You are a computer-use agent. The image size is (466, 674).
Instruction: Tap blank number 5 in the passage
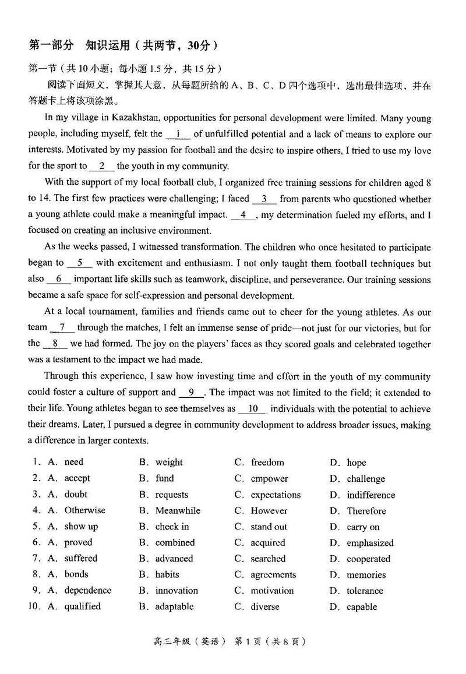pyautogui.click(x=80, y=263)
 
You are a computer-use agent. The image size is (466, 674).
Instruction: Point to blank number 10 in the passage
pyautogui.click(x=253, y=409)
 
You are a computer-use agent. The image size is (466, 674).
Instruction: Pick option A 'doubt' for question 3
pyautogui.click(x=76, y=495)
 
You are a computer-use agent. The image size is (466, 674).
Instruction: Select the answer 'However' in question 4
pyautogui.click(x=269, y=511)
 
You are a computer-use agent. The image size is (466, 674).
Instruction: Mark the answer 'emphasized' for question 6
pyautogui.click(x=370, y=543)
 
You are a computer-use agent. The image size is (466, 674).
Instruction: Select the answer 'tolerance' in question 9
pyautogui.click(x=365, y=591)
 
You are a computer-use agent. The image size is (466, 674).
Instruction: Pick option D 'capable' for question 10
pyautogui.click(x=362, y=607)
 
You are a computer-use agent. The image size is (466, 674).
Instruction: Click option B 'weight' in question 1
pyautogui.click(x=169, y=463)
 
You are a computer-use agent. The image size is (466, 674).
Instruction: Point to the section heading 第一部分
pyautogui.click(x=51, y=45)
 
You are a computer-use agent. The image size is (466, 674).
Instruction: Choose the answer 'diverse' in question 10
pyautogui.click(x=265, y=607)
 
